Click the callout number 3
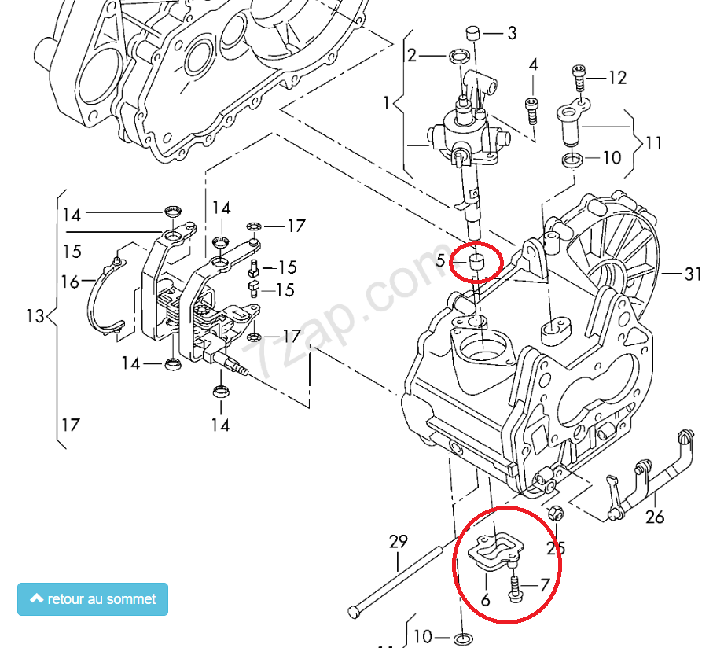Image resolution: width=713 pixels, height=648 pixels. [x=512, y=33]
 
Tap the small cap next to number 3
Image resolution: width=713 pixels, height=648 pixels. [x=473, y=32]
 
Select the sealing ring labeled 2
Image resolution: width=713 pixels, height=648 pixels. [x=460, y=56]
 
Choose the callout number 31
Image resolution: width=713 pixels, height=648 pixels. [x=693, y=274]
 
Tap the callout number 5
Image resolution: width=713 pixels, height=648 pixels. [x=441, y=260]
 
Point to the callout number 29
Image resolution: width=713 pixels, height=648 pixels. [x=399, y=541]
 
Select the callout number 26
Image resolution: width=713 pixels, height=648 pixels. [x=655, y=517]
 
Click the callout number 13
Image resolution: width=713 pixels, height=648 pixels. [x=35, y=316]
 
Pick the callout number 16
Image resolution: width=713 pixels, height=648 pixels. [x=70, y=281]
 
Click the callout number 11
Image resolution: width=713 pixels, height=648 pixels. [x=653, y=143]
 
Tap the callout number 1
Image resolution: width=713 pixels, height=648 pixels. [x=387, y=103]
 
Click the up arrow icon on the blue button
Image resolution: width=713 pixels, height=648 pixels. [x=36, y=598]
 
